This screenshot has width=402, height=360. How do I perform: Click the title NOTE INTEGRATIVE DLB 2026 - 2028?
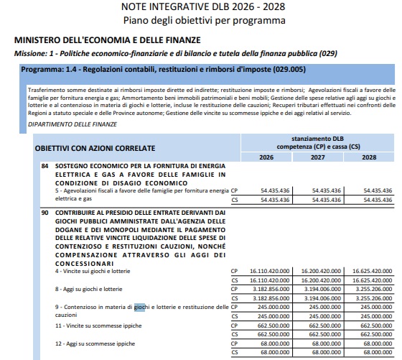(202, 7)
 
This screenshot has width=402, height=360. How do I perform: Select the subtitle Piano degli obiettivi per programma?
(202, 21)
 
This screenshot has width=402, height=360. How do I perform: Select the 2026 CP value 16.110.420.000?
(268, 272)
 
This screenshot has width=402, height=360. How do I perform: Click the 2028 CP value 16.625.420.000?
(372, 272)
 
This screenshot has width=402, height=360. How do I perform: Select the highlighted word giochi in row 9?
(139, 308)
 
